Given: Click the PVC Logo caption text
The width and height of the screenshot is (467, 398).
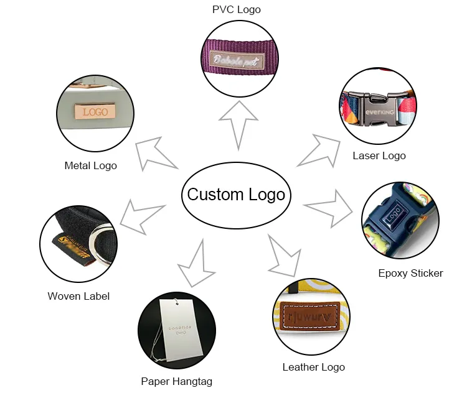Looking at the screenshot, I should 236,9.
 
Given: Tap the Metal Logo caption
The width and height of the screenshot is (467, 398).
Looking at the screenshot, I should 91,165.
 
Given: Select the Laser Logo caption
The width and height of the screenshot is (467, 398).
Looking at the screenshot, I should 379,155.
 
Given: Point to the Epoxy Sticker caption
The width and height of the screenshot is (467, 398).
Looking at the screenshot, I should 410,273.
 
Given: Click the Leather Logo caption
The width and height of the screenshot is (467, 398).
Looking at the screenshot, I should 313,367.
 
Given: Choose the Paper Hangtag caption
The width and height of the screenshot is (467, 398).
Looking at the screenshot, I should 181,381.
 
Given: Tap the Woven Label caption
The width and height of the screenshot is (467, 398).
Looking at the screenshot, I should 78,296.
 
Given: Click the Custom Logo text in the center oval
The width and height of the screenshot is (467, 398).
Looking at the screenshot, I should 236,195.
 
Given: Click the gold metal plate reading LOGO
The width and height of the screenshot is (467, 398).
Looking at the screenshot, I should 95,112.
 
